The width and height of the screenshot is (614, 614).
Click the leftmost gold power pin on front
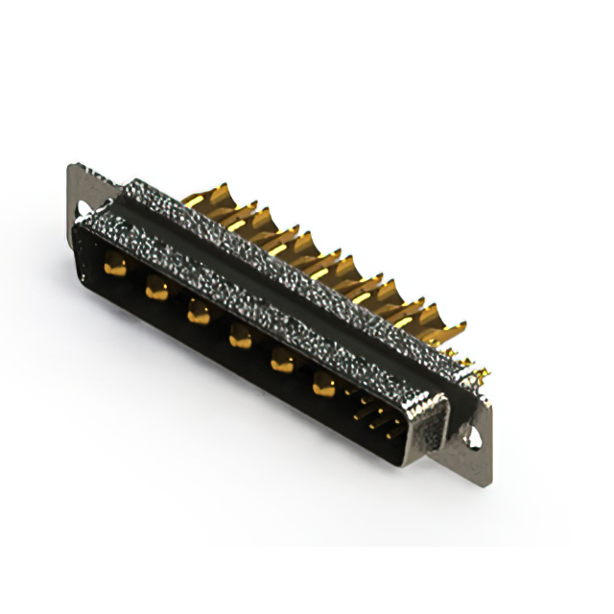coord(115,268)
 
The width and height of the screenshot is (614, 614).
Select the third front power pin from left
coord(198,312)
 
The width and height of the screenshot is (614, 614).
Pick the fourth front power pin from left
coord(240,336)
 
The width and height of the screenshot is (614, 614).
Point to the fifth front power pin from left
coord(282,361)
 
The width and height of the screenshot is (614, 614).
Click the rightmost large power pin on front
coord(324,386)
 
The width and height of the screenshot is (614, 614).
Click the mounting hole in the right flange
coord(473,439)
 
